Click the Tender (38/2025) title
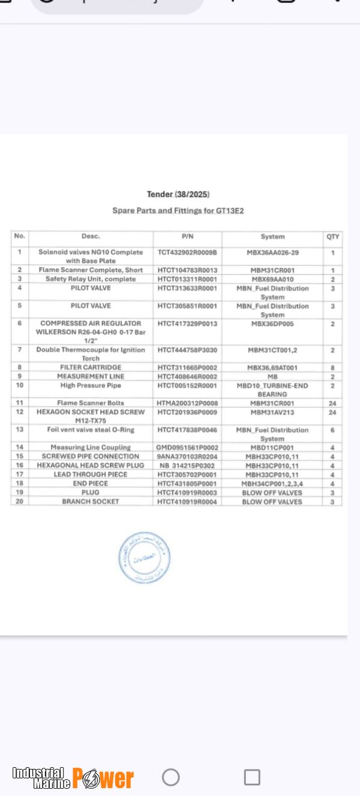click(178, 194)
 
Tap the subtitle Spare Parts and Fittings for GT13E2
click(178, 211)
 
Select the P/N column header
click(187, 237)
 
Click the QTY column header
click(333, 237)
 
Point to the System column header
click(272, 237)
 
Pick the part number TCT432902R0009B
click(187, 253)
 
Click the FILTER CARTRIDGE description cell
click(91, 367)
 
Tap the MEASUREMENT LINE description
click(91, 376)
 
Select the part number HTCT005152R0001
click(187, 385)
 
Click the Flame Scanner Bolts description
click(91, 403)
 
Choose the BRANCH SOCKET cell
click(91, 501)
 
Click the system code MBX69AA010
click(272, 279)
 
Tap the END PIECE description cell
click(91, 483)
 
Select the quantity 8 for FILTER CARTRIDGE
click(332, 367)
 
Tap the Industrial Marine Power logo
click(73, 778)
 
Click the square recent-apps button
click(252, 777)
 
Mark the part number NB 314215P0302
click(186, 465)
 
